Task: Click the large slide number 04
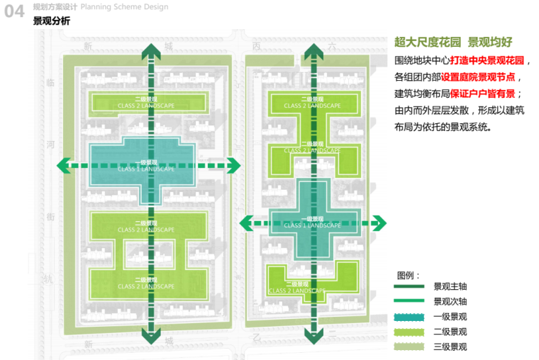tap(15, 13)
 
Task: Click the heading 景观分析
tap(52, 21)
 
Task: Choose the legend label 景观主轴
tap(450, 287)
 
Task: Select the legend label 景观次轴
tap(450, 302)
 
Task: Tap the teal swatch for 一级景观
tap(409, 317)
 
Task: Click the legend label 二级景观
tap(450, 332)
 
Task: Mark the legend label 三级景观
tap(450, 347)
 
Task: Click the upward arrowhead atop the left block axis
tap(149, 51)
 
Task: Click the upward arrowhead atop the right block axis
tap(311, 51)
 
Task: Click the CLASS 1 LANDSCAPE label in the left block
tap(145, 169)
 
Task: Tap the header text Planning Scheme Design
tap(125, 7)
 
